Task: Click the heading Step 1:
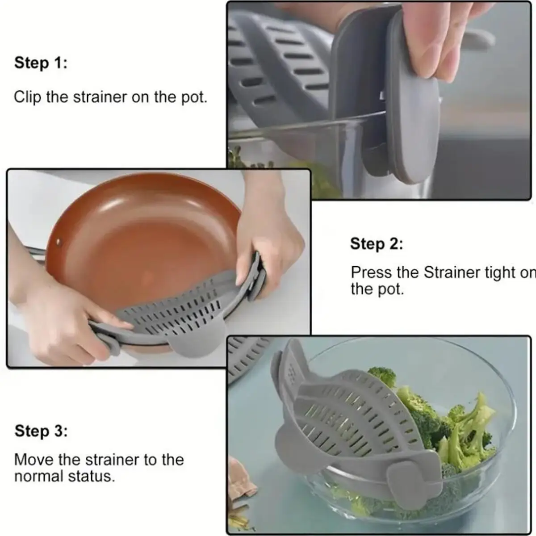click(41, 63)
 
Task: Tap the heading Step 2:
click(376, 244)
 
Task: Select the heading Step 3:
click(41, 431)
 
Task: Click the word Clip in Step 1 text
click(28, 97)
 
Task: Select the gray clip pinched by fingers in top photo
click(413, 125)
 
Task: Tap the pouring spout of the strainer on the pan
click(197, 342)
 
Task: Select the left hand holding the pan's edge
click(54, 322)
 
